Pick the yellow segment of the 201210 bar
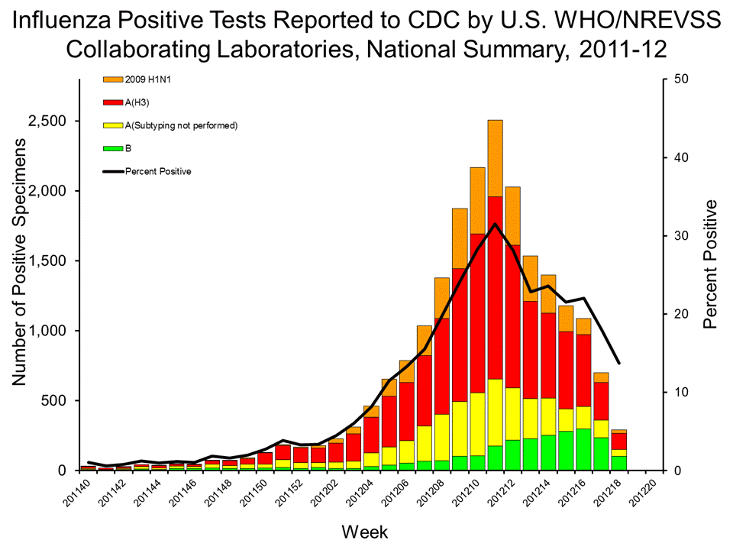[477, 424]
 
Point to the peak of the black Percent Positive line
[495, 224]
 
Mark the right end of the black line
[619, 363]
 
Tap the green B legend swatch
[112, 147]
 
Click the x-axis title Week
[363, 532]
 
